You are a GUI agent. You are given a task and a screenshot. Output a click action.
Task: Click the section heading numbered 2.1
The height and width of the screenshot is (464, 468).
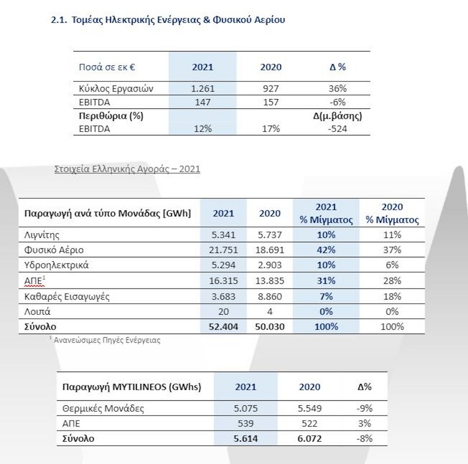[168, 20]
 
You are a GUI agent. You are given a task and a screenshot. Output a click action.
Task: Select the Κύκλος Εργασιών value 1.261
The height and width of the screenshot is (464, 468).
[202, 89]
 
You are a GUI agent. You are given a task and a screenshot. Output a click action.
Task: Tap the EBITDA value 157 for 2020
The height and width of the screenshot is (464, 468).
[270, 102]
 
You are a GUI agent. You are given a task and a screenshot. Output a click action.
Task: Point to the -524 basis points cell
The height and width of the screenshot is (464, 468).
[337, 129]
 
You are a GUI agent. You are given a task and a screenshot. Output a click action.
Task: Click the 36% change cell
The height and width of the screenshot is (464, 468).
[337, 89]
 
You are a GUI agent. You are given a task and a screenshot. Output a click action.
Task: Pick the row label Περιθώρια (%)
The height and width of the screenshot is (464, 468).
[111, 116]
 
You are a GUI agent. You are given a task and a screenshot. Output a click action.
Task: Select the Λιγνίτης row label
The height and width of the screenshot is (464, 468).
[42, 235]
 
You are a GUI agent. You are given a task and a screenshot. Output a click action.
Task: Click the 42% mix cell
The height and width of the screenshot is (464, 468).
[326, 250]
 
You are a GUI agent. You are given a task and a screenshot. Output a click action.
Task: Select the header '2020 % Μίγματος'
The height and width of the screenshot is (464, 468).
[392, 213]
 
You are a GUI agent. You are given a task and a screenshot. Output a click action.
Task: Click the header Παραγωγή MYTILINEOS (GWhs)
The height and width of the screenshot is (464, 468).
[132, 387]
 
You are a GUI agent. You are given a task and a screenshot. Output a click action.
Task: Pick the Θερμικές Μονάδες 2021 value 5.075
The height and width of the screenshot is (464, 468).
[246, 408]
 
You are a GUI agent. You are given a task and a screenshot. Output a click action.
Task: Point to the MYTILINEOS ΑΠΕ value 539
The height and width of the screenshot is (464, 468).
[246, 424]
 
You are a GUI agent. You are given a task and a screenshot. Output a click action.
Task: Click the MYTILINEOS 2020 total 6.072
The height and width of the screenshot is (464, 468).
[309, 439]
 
